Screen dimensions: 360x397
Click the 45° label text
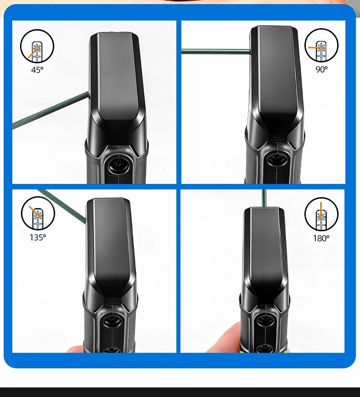(x=37, y=70)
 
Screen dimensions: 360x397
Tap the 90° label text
(x=321, y=69)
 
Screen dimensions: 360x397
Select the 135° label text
(x=38, y=238)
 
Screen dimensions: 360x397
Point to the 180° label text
(x=321, y=238)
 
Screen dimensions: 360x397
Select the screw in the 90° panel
(x=277, y=159)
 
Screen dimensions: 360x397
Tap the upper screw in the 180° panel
(x=265, y=321)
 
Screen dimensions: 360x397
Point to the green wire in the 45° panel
(x=51, y=110)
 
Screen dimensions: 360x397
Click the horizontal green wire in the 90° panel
(x=216, y=51)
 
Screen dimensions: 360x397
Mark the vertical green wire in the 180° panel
(x=264, y=198)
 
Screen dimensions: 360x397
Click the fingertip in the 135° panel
(x=75, y=349)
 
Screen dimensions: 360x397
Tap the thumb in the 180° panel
(x=224, y=337)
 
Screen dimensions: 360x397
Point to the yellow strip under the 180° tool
(x=264, y=351)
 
